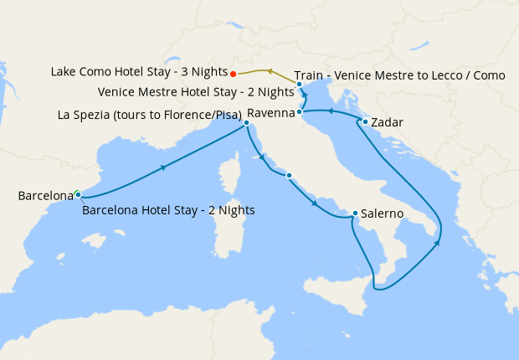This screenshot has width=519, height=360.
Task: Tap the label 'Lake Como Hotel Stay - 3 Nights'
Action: click(138, 73)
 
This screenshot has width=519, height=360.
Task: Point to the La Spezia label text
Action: click(150, 115)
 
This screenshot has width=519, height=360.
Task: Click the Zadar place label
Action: click(388, 123)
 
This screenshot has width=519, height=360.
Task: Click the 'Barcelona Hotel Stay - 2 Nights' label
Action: click(168, 210)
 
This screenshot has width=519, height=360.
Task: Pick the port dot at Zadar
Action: click(366, 122)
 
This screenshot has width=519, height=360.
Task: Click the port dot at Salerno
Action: click(356, 213)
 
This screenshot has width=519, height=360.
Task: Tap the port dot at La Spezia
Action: click(246, 123)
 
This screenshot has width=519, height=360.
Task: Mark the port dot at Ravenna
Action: click(299, 111)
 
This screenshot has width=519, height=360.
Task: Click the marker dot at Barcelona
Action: click(78, 194)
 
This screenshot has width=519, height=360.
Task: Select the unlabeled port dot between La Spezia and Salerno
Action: click(289, 175)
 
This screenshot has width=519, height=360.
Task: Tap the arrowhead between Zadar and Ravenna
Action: click(331, 111)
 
